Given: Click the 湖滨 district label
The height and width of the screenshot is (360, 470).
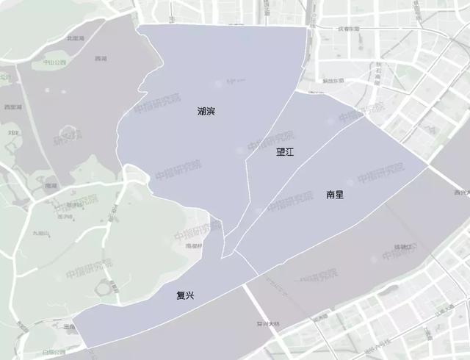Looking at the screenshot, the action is click(x=206, y=112).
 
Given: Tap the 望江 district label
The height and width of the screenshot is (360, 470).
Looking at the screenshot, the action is click(x=285, y=153).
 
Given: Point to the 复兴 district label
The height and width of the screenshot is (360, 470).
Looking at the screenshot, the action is click(x=185, y=296).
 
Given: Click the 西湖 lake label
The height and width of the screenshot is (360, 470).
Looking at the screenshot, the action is click(x=101, y=58).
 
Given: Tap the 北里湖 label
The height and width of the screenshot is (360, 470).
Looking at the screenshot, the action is click(x=74, y=37).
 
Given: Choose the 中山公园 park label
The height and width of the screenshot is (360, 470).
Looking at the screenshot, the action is click(x=54, y=63).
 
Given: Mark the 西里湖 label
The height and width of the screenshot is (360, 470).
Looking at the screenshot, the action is click(x=11, y=107).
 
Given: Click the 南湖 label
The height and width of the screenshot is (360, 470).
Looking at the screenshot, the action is click(x=51, y=186).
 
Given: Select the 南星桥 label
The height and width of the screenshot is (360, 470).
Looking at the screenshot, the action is click(x=194, y=245).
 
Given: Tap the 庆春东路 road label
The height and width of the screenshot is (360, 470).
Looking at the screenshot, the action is click(x=350, y=29).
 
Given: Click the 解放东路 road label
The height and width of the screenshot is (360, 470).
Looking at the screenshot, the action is click(x=333, y=81).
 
